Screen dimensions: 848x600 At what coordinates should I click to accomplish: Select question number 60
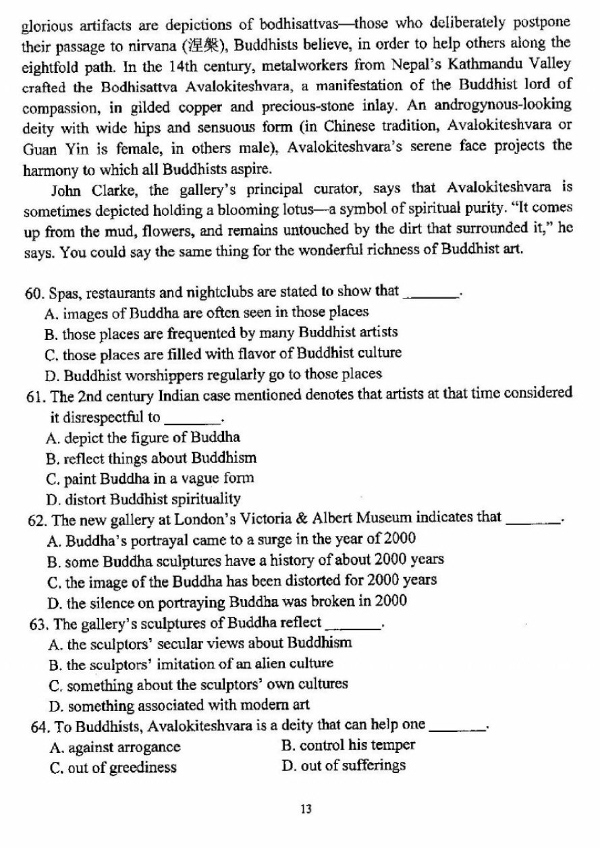(x=32, y=292)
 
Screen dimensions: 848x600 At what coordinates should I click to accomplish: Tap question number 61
(x=32, y=394)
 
